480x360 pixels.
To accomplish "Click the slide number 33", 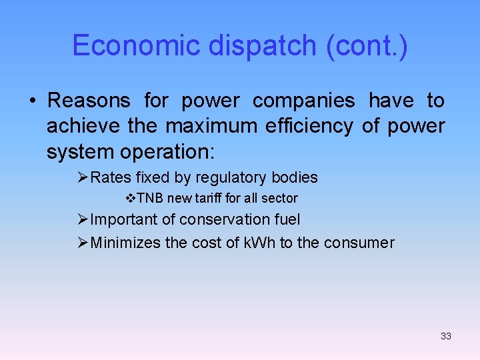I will click(446, 336).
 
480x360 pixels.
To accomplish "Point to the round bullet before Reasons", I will click(32, 101).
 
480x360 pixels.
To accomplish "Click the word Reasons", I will click(89, 101).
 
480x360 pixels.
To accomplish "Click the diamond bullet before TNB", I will click(131, 198).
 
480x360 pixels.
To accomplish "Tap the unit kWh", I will click(258, 243).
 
